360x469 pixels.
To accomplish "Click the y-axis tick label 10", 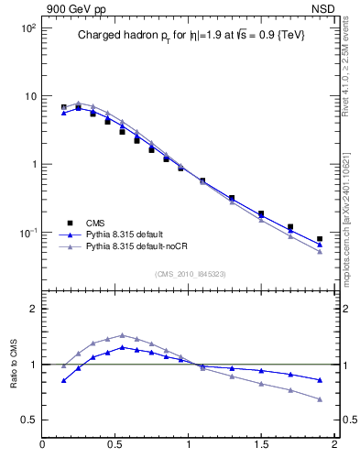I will pyautogui.click(x=29, y=96).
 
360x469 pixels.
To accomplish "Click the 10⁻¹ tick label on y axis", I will pyautogui.click(x=27, y=233).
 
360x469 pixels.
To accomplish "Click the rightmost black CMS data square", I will pyautogui.click(x=320, y=239).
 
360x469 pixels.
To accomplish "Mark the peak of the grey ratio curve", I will pyautogui.click(x=122, y=335).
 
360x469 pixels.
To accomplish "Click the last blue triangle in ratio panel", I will pyautogui.click(x=320, y=380).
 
